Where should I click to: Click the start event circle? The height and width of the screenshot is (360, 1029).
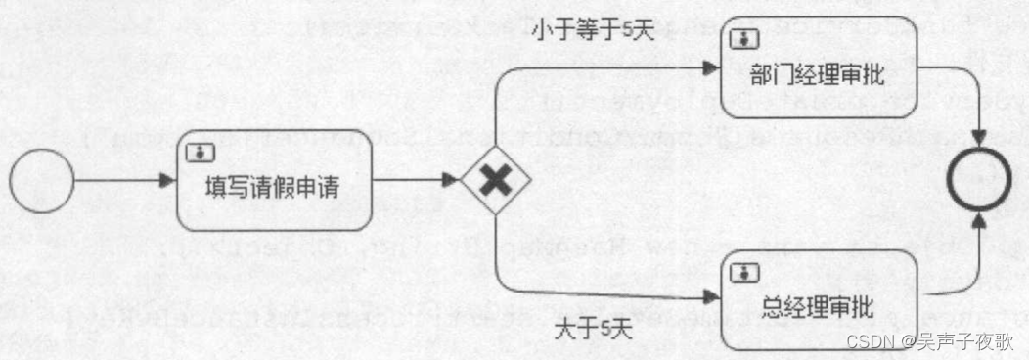42,181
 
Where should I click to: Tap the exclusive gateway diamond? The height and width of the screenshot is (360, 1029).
496,181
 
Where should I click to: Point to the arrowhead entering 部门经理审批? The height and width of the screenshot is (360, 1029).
710,68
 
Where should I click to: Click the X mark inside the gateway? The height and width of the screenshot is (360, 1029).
496,181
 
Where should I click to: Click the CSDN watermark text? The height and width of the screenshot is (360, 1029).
865,342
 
